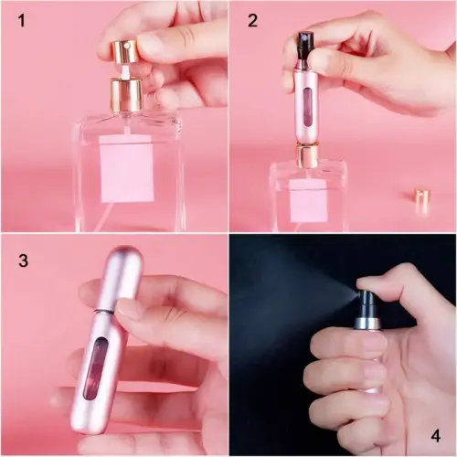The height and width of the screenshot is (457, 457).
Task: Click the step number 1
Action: coord(20,21)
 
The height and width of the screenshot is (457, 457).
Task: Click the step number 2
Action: coord(252,21)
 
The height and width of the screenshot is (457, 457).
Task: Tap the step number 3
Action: coord(23,260)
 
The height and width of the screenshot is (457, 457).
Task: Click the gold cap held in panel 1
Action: coord(125,50)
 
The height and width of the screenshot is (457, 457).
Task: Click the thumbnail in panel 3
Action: coord(129,310)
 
